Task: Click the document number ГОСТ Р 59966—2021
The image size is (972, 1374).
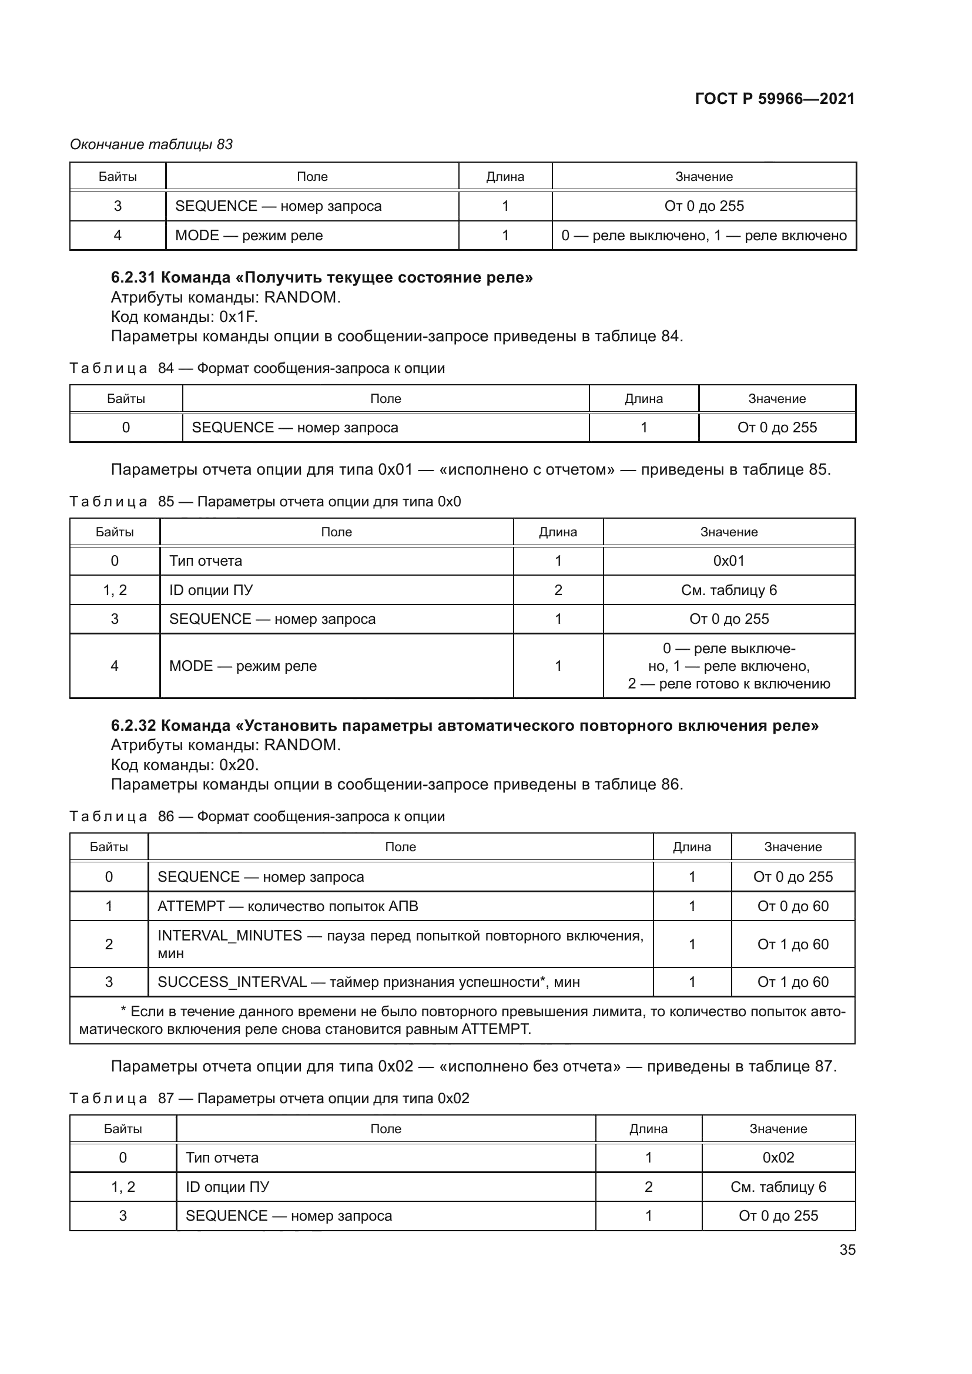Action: (775, 99)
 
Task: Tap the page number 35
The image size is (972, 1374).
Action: (847, 1249)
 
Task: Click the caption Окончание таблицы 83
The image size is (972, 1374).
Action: (152, 145)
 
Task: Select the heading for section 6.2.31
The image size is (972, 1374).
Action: (321, 277)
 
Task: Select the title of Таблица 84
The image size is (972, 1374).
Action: (257, 368)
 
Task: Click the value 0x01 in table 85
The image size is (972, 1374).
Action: (728, 561)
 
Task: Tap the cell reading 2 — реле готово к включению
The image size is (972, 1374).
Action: (728, 683)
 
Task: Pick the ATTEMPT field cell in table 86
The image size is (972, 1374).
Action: (287, 906)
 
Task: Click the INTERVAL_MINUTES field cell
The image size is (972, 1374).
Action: (400, 944)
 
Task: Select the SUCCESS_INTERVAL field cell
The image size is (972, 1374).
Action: (368, 982)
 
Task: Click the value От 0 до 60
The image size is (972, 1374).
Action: (792, 906)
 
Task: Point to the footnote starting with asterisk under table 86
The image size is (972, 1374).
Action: (462, 1020)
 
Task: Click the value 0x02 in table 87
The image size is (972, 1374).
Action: (777, 1157)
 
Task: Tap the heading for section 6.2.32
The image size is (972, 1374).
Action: (464, 725)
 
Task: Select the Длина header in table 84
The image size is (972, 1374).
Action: (643, 398)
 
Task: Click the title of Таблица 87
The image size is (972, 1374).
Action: (269, 1098)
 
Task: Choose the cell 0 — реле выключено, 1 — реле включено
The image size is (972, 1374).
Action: (703, 235)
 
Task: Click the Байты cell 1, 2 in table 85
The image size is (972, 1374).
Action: (115, 590)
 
